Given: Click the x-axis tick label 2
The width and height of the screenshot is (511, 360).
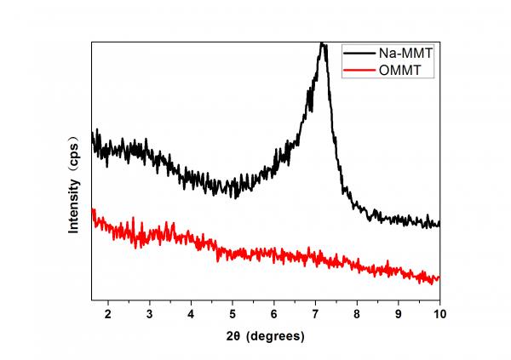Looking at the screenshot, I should [x=108, y=313].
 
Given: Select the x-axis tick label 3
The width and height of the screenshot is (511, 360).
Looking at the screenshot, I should [x=150, y=313].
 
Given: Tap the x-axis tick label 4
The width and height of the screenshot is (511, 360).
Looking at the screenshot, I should [x=191, y=313].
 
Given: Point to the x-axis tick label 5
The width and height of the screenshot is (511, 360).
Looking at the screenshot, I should [x=233, y=313].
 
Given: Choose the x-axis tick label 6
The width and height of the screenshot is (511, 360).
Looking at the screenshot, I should [x=274, y=313].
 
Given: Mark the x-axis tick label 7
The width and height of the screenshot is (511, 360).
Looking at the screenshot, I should [x=315, y=313].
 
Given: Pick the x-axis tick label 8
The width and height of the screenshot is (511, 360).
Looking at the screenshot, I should [x=357, y=313].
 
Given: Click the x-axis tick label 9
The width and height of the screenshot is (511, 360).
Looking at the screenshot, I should [x=399, y=313].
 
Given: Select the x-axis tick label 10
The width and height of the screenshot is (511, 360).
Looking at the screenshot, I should [x=439, y=313].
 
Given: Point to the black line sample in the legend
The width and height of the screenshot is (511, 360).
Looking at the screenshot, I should [x=362, y=53].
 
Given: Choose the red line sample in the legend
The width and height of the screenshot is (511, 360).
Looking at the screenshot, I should [x=362, y=71].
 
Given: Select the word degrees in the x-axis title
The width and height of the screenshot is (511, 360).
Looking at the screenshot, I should [x=275, y=336].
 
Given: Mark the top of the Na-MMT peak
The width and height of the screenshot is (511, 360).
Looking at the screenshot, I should [x=322, y=44].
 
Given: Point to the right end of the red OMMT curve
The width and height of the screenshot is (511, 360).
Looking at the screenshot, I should [x=439, y=277].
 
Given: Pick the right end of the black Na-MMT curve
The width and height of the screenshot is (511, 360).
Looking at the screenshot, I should [x=439, y=225].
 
